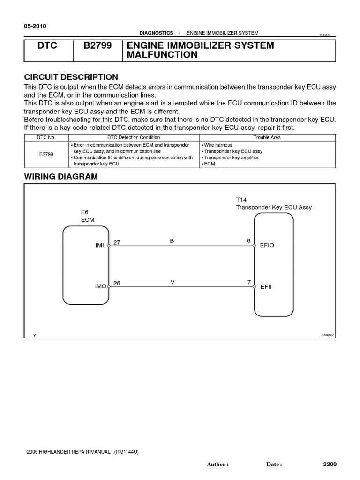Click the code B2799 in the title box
pyautogui.click(x=97, y=46)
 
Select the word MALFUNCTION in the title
pyautogui.click(x=160, y=55)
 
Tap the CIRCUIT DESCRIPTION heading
pyautogui.click(x=71, y=77)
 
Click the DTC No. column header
pyautogui.click(x=46, y=137)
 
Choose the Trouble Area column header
pyautogui.click(x=268, y=137)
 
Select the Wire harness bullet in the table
pyautogui.click(x=218, y=145)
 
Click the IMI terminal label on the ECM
pyautogui.click(x=99, y=245)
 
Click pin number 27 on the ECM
pyautogui.click(x=117, y=242)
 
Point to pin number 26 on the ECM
pyautogui.click(x=117, y=283)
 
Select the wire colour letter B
pyautogui.click(x=172, y=241)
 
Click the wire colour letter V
pyautogui.click(x=172, y=282)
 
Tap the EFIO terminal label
pyautogui.click(x=267, y=245)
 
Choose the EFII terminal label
pyautogui.click(x=266, y=286)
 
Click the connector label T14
pyautogui.click(x=241, y=199)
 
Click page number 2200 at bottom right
pyautogui.click(x=330, y=464)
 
